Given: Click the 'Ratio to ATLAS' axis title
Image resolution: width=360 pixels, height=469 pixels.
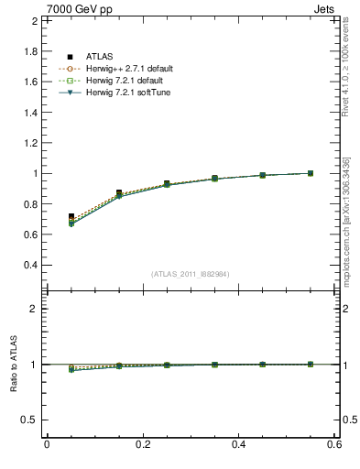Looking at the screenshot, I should coord(13,365).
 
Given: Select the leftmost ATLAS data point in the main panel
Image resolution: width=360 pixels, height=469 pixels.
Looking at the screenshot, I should coord(71,217).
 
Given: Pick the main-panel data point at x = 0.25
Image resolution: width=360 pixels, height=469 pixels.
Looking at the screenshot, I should coord(167,184).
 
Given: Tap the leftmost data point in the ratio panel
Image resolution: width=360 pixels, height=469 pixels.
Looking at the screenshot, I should coord(71,368).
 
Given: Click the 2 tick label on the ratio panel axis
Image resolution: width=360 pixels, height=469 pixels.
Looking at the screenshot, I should coord(32,310).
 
